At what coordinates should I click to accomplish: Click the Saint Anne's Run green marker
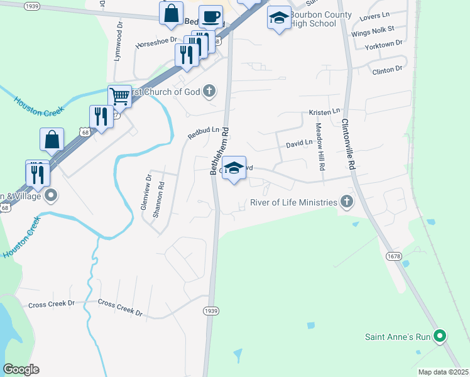[440, 337]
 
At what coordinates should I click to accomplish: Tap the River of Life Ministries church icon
[346, 202]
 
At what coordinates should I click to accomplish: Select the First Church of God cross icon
[210, 92]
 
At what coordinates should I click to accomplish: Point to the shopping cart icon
[119, 96]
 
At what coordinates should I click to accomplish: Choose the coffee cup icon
[210, 16]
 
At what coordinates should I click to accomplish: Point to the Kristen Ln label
[324, 112]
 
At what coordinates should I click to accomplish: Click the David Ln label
[299, 143]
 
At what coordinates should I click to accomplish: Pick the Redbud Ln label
[203, 133]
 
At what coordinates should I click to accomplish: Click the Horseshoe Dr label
[154, 45]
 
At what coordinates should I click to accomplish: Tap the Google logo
[21, 369]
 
